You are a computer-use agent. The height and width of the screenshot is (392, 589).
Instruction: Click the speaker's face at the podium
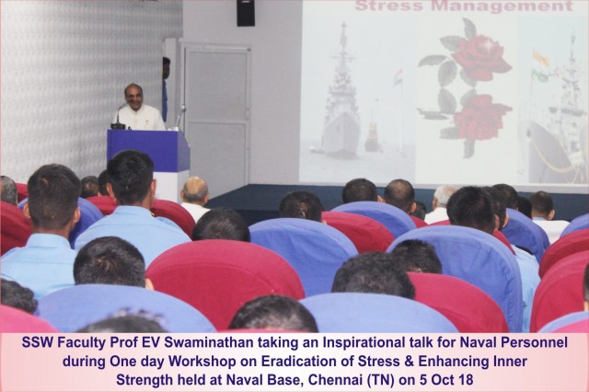(134, 98)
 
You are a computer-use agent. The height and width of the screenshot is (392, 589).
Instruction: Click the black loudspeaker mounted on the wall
(246, 12)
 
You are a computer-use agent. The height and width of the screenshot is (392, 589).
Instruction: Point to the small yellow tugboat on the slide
(372, 138)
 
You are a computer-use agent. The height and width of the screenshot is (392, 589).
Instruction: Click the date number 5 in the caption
(422, 380)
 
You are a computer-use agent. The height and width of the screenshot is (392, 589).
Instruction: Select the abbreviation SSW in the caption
(35, 342)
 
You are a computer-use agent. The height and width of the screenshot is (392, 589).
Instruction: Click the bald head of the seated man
(194, 189)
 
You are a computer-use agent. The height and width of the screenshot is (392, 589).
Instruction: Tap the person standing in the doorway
(166, 89)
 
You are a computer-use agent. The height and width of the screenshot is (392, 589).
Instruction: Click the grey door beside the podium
(217, 115)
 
